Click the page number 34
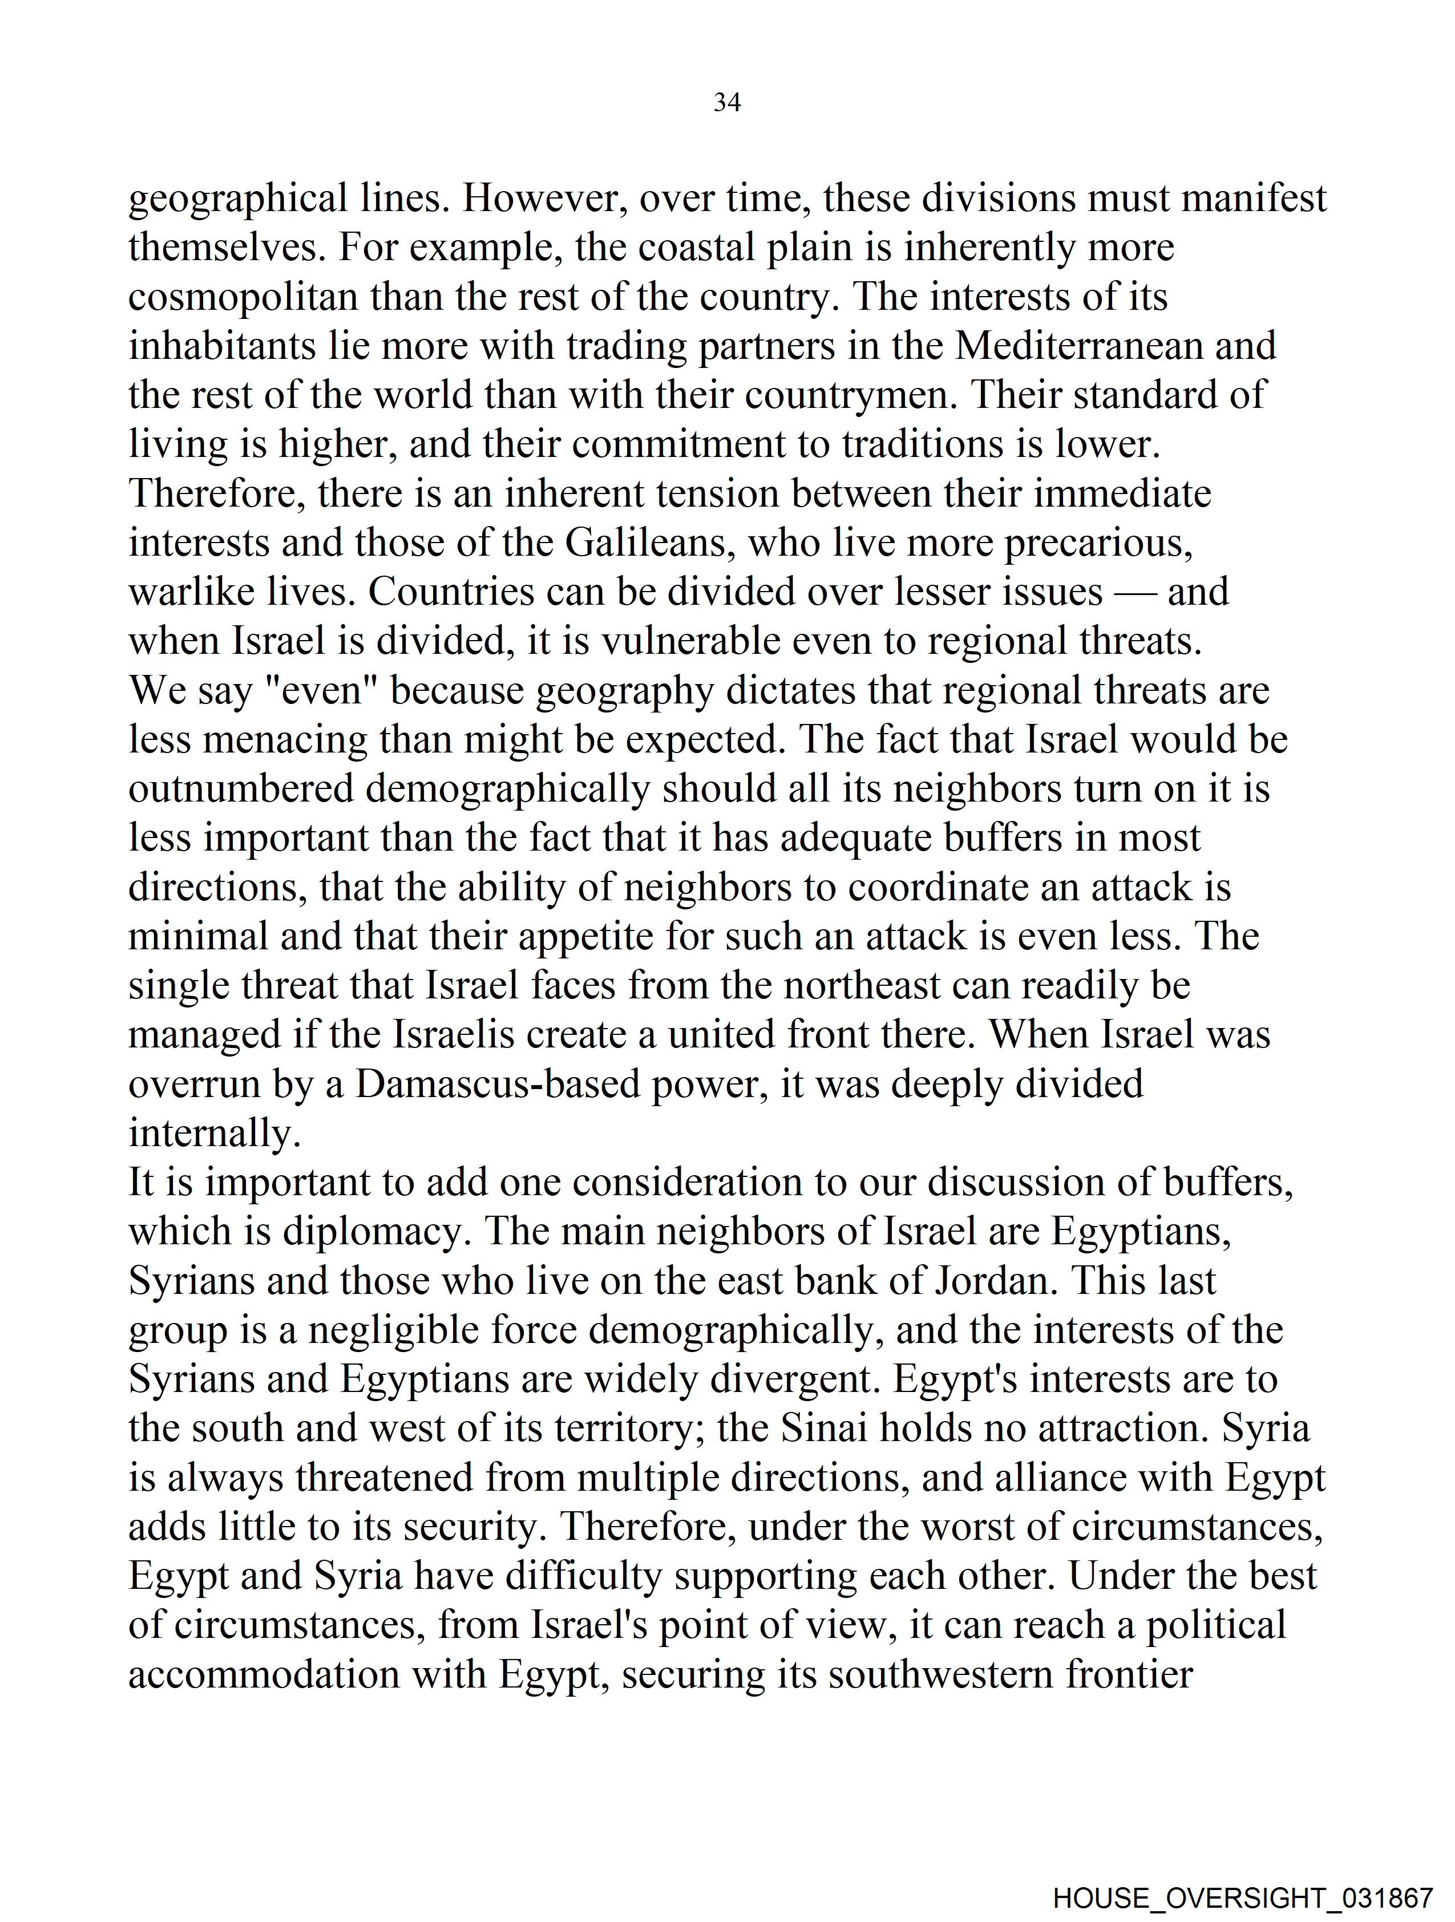[x=726, y=103]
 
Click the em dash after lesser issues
[x=1134, y=593]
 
